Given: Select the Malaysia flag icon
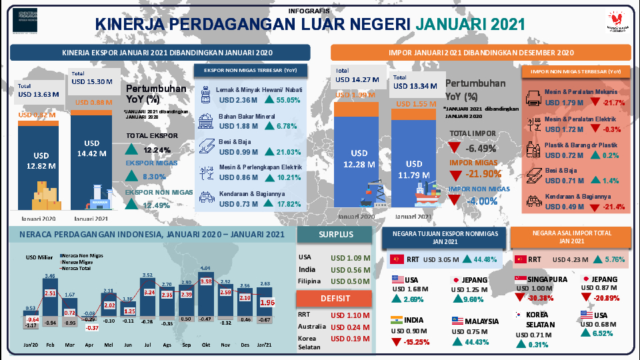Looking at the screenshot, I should pos(457,320).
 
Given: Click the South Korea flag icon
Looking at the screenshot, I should pos(518,315).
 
